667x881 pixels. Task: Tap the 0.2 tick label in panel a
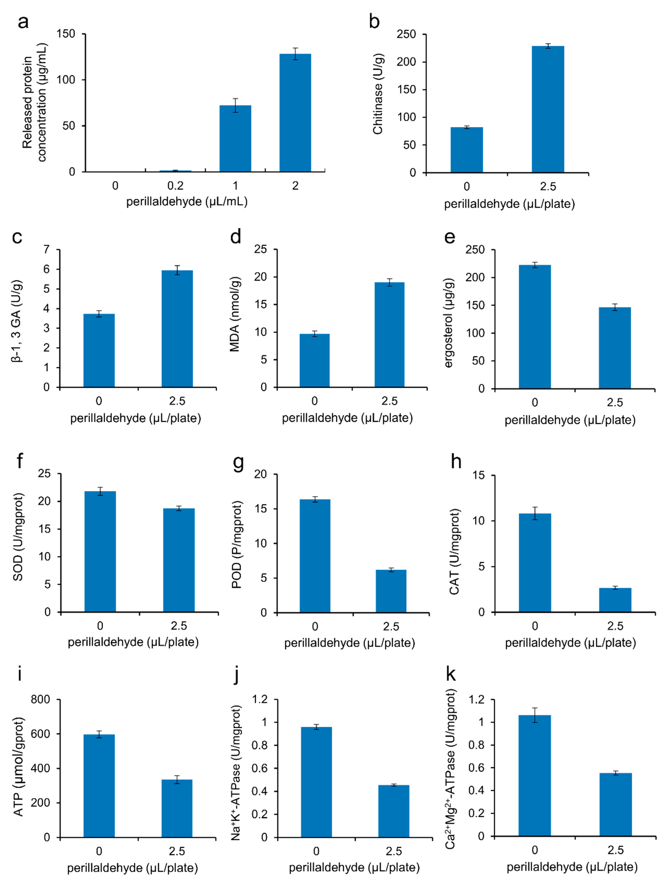175,186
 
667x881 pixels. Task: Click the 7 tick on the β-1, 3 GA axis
47,250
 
